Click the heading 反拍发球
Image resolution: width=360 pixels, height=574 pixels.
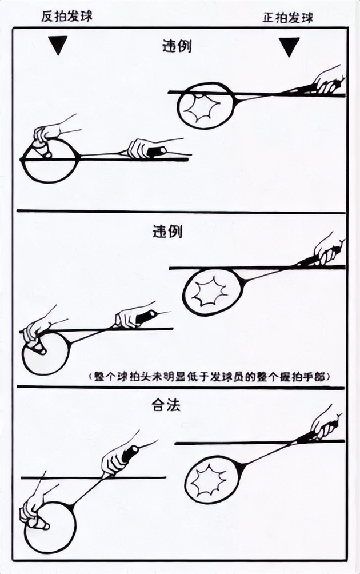(66, 17)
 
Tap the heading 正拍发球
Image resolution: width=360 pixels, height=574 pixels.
(287, 17)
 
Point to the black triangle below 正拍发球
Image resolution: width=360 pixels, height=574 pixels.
(289, 47)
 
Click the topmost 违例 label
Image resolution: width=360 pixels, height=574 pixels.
(177, 46)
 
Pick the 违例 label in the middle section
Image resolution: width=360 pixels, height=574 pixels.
(167, 232)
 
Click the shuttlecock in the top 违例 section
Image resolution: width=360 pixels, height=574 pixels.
(42, 148)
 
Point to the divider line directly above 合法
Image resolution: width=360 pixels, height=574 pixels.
(180, 388)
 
